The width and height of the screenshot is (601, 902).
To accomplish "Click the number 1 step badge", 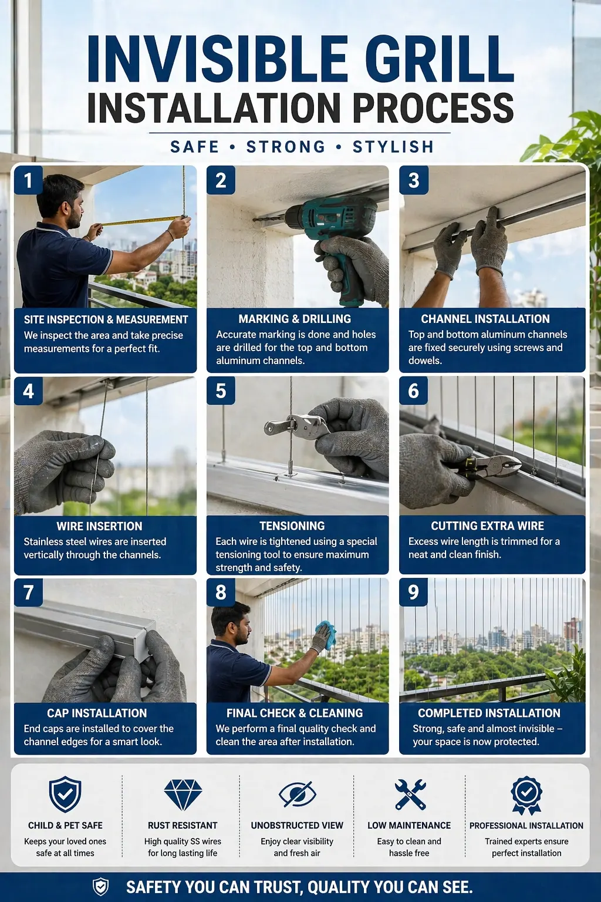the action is pos(28,180).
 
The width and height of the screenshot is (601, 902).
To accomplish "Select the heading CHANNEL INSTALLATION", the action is pos(485,319).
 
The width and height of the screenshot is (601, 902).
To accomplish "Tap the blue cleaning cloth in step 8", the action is pos(326,634).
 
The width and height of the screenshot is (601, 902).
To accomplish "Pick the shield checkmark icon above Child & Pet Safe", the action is pos(65,795).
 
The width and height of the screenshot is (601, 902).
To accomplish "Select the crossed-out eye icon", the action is pos(298,794).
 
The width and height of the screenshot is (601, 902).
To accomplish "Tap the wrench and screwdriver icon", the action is pos(410,794).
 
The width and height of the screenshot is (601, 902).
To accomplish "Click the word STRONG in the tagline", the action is pos(286,147).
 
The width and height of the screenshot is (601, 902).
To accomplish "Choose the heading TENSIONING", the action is pos(292,526).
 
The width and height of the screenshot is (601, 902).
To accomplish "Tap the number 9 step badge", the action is pos(413,592).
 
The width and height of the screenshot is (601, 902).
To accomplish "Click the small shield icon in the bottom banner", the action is pos(100,887).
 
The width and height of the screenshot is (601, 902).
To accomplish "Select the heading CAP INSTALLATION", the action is pos(97,713).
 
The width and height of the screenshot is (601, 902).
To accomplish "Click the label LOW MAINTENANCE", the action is pos(409,826).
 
